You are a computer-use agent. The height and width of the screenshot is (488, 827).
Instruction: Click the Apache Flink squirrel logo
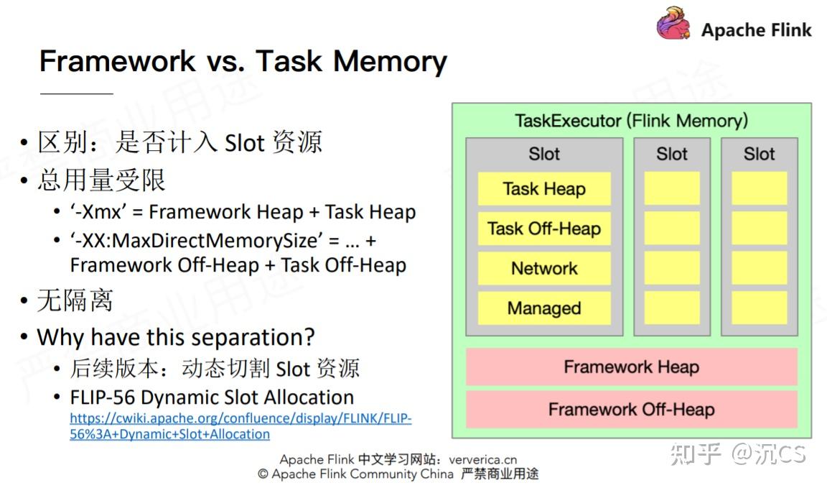pos(673,24)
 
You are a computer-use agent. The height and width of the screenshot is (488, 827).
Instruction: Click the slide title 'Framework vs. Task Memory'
pos(243,61)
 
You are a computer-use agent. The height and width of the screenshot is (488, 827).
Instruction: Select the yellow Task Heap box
pos(544,189)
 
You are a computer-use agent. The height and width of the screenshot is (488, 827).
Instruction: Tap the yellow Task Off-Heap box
pos(544,229)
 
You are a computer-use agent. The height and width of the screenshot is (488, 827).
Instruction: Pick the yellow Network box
pos(544,268)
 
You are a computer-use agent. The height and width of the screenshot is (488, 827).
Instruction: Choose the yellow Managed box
pos(544,308)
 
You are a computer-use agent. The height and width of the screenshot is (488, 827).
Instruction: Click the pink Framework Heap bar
pos(631,367)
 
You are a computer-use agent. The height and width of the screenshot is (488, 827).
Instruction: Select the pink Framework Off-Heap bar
pos(631,410)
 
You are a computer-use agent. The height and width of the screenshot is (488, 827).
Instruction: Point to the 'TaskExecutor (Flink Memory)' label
pos(631,120)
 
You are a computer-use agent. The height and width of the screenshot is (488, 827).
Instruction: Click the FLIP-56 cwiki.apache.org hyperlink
pos(240,426)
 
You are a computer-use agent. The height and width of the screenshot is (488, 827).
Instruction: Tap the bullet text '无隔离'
pos(75,300)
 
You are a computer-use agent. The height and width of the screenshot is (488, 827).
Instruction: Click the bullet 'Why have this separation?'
pos(176,336)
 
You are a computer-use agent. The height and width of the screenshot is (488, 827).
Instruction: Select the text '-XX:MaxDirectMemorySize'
pos(194,239)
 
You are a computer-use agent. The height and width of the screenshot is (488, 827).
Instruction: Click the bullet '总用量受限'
pos(101,180)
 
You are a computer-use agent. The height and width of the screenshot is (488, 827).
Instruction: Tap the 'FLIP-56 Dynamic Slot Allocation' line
pos(212,397)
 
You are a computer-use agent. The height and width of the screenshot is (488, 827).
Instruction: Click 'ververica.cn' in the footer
pos(482,459)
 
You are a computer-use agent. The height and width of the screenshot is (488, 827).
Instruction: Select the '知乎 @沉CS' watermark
pos(737,454)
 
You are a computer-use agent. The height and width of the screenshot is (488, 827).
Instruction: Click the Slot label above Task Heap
pos(544,154)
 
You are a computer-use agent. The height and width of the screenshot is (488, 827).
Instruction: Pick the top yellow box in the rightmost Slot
pos(759,189)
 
